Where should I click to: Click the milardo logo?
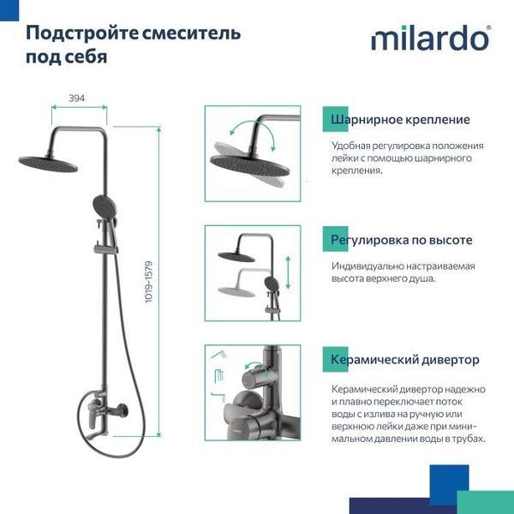click(x=430, y=39)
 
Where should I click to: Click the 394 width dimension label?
click(x=77, y=99)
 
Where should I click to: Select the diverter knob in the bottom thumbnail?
click(x=254, y=378)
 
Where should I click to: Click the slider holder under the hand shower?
click(x=105, y=249)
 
